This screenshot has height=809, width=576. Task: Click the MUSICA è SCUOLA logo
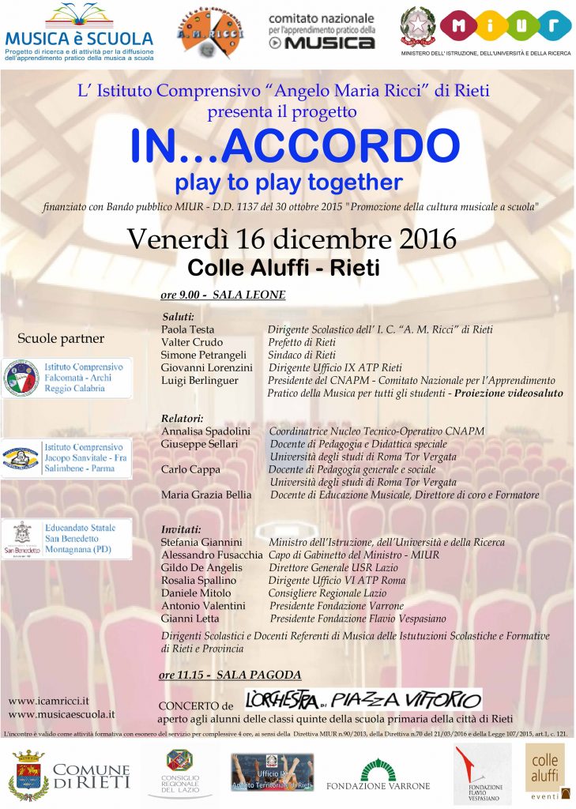tap(78, 30)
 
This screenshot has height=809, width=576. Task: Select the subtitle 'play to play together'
tap(288, 182)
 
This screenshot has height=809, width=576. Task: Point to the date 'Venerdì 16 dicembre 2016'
tap(292, 238)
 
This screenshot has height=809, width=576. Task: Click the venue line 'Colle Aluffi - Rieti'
tap(283, 268)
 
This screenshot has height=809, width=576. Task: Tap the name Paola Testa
tap(187, 329)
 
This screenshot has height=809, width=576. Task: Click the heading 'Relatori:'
tap(182, 418)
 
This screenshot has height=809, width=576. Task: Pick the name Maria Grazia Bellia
tap(206, 495)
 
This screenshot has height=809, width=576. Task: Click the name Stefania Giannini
tap(201, 542)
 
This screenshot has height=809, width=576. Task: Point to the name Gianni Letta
tap(190, 618)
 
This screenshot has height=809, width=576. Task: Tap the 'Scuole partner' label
tap(61, 339)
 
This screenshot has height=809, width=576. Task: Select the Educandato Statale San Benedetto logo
tap(66, 539)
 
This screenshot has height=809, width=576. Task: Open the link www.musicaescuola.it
tap(62, 713)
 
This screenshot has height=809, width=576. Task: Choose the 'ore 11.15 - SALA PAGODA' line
tap(230, 675)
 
